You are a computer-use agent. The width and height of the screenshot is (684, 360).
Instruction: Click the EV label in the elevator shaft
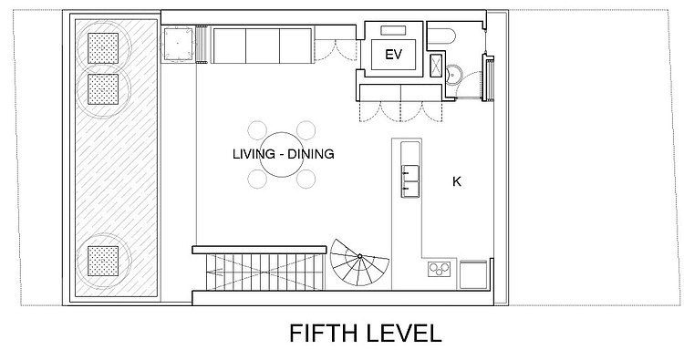point(393,55)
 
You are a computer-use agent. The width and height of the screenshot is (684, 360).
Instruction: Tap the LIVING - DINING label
point(284,154)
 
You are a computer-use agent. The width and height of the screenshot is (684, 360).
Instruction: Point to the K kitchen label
point(457,181)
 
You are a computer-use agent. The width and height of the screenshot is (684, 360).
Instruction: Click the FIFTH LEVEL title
point(366,334)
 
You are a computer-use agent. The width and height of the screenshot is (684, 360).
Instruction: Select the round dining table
point(282,155)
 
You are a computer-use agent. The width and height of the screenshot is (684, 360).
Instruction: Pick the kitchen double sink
point(410,180)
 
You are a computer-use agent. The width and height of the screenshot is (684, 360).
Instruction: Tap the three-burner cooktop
point(439,269)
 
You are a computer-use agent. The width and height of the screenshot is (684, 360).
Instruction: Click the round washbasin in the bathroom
point(453,75)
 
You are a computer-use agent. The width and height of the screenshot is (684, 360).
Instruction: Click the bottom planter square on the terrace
point(103,261)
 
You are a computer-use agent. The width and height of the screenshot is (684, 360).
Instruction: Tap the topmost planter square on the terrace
point(103,48)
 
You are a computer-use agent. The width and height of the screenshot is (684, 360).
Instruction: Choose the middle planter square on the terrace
point(103,89)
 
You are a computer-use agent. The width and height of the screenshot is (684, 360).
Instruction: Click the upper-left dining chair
point(257,130)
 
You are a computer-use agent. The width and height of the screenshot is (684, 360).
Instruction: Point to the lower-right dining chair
point(306,180)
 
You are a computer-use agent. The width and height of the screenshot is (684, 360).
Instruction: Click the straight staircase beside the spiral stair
point(264,272)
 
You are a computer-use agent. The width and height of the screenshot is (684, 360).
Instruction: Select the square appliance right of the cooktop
point(473,274)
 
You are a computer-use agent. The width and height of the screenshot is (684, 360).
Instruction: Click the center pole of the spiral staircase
point(360,256)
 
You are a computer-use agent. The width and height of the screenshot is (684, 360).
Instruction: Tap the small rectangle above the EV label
point(393,30)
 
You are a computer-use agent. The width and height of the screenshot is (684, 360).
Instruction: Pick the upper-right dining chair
point(306,130)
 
